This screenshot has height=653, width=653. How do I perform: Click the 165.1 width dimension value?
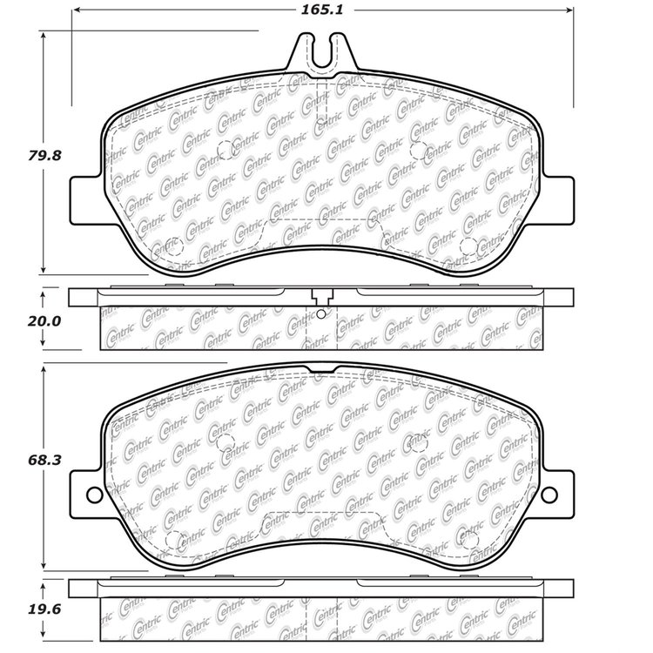322,10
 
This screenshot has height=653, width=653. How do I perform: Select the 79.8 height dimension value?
44,155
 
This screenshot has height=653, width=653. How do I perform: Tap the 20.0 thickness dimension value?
44,321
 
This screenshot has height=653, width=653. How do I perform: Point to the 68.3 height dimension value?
44,460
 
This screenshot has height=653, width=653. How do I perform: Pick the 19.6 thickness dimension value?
44,609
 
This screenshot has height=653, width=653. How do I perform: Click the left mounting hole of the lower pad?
95,495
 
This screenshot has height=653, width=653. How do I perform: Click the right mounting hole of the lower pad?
549,495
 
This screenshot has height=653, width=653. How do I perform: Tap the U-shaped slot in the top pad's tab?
322,54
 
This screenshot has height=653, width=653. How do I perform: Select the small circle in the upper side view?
320,314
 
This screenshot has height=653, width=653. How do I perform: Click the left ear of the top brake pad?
86,201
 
